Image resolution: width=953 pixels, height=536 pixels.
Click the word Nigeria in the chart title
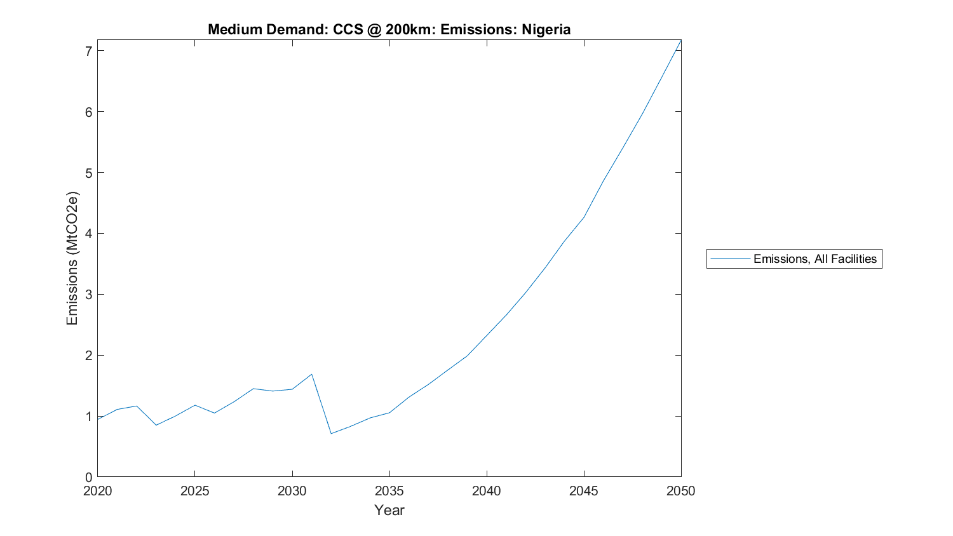(546, 29)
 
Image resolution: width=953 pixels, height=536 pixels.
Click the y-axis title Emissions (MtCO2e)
(72, 258)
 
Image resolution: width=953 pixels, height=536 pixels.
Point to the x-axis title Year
(389, 510)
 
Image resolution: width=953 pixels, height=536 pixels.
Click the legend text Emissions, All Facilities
(814, 259)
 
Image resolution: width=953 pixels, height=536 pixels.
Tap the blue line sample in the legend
(730, 259)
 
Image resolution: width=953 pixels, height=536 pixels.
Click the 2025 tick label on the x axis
(194, 491)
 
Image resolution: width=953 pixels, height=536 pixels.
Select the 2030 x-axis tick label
(292, 491)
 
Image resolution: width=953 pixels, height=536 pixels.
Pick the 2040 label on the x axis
(486, 491)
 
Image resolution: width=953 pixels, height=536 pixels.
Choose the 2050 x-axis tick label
(681, 491)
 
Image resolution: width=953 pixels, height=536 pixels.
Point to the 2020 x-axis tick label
(97, 491)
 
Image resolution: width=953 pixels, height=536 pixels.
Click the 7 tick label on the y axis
(88, 51)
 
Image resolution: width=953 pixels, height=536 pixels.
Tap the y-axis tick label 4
(88, 234)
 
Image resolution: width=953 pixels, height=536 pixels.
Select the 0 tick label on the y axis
(88, 478)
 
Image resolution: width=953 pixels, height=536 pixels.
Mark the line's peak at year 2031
(311, 374)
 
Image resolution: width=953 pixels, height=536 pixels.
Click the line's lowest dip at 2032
(331, 434)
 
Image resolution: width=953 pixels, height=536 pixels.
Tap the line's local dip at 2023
(156, 425)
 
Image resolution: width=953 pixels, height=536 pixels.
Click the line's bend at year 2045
(583, 217)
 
